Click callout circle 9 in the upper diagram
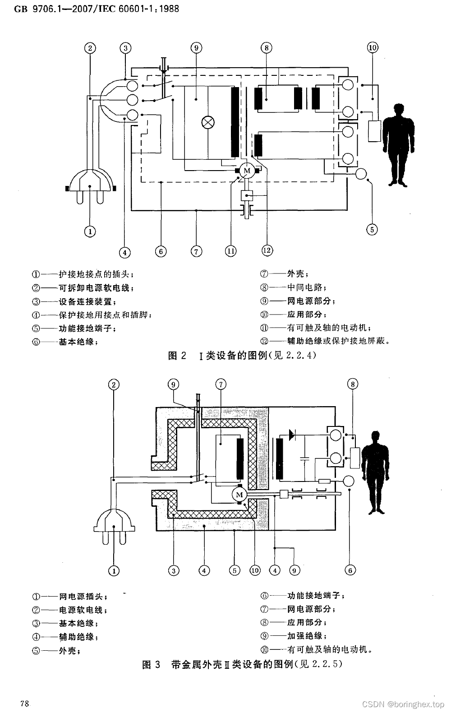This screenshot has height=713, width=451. pyautogui.click(x=196, y=48)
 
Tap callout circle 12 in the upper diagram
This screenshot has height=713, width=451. pyautogui.click(x=267, y=250)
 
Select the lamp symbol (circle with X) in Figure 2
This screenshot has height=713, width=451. pyautogui.click(x=208, y=122)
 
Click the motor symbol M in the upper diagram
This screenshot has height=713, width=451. pyautogui.click(x=247, y=170)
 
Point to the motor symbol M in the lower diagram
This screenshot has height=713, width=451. pyautogui.click(x=239, y=495)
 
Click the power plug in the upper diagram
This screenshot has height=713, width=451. pyautogui.click(x=90, y=185)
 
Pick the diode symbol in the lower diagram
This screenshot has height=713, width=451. pyautogui.click(x=291, y=435)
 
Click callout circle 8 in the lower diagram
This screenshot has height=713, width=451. pyautogui.click(x=353, y=384)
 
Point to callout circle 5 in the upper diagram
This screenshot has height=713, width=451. pyautogui.click(x=372, y=229)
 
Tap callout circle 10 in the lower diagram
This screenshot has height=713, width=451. pyautogui.click(x=255, y=570)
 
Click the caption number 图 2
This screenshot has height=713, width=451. pyautogui.click(x=177, y=356)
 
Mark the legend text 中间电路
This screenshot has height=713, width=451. pyautogui.click(x=304, y=287)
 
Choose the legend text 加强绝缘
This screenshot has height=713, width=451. pyautogui.click(x=304, y=636)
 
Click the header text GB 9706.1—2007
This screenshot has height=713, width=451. pyautogui.click(x=54, y=9)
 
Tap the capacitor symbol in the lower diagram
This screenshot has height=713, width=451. pyautogui.click(x=304, y=459)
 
